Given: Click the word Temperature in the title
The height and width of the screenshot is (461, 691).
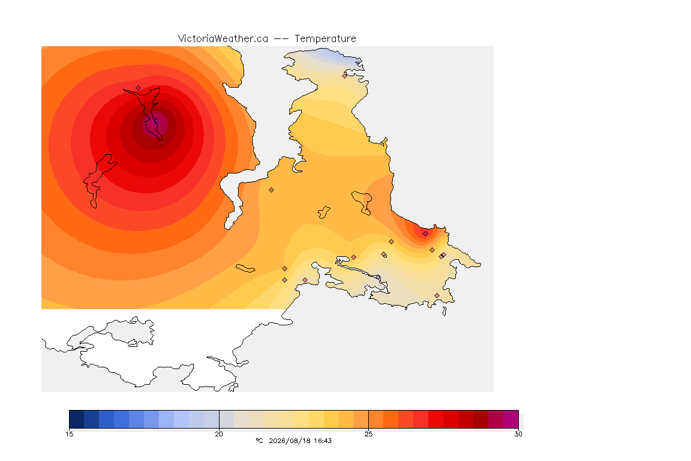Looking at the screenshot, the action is tap(325, 39).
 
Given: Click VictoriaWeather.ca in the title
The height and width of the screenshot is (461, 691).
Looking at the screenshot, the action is tap(223, 38).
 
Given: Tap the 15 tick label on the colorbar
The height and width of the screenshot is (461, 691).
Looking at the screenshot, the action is tap(69, 434).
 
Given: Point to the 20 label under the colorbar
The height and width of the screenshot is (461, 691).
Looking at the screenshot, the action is tap(219, 434).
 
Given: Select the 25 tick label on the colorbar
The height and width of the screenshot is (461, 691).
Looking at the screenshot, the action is tap(368, 434).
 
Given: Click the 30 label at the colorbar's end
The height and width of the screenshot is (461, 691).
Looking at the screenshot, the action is tap(518, 434).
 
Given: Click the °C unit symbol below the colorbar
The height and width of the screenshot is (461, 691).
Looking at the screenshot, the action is tap(259, 441).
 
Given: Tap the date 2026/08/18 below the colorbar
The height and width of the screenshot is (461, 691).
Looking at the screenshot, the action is tap(290, 441).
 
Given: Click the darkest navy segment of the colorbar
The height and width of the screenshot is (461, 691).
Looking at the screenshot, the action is tap(77, 419).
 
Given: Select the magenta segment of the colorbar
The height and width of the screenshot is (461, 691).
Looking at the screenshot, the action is tap(511, 419).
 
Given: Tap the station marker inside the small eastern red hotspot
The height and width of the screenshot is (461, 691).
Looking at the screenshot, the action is tap(425, 234).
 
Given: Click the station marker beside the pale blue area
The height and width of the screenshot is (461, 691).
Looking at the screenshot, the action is tap(345, 76).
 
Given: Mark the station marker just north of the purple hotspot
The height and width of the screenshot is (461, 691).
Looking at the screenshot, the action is tap(139, 88).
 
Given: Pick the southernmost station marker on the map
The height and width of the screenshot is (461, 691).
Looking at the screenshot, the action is tap(437, 295).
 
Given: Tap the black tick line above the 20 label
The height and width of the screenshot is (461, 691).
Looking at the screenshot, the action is tap(219, 419).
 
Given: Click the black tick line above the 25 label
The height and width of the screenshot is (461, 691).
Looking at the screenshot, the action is tap(368, 419).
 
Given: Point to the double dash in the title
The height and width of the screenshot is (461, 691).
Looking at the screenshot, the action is tap(281, 39).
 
